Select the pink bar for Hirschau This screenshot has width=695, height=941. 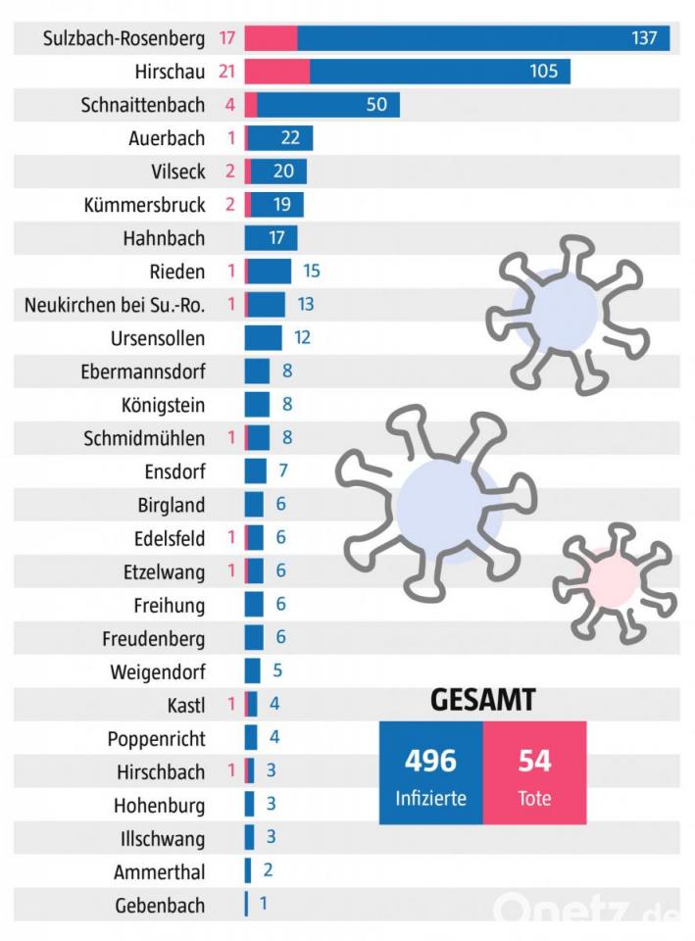tap(277, 72)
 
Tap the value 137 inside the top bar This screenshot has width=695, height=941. tap(644, 38)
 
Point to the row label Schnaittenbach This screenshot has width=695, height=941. tap(143, 105)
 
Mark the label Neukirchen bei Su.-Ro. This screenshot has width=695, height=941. tap(115, 305)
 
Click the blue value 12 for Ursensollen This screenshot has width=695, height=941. tap(302, 338)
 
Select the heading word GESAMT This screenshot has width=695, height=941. tap(483, 700)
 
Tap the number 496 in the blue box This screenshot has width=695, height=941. tap(431, 760)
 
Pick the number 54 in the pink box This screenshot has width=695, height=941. tap(534, 760)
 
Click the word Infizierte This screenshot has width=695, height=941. tap(431, 798)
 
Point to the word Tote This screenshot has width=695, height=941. tap(534, 798)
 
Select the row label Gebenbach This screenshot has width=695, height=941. tap(160, 905)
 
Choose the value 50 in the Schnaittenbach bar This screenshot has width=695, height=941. tap(376, 105)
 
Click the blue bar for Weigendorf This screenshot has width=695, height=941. tap(253, 671)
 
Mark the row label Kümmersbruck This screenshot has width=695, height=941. tap(145, 205)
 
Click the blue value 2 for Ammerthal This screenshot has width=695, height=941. tap(268, 871)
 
